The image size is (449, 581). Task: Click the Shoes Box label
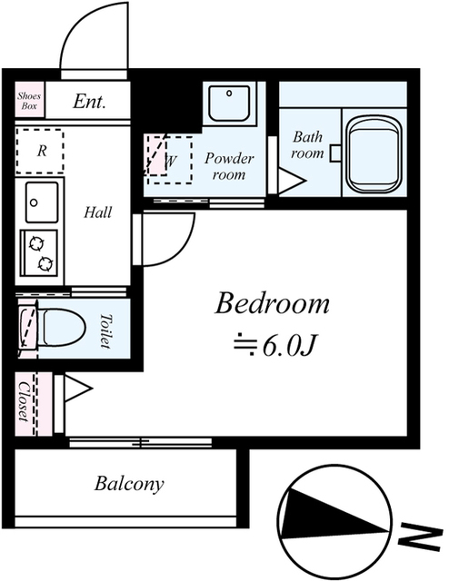coord(29,101)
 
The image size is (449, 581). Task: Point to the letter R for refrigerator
coord(42,151)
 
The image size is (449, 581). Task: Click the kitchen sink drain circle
coord(35,202)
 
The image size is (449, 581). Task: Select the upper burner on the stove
coord(36,244)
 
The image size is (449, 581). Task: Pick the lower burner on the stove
coord(45,263)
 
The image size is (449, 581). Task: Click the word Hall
coord(97,212)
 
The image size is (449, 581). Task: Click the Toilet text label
coord(105,330)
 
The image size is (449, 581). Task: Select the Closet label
coord(24,401)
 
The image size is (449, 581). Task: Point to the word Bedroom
coord(273,303)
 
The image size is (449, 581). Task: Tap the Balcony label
coord(129,484)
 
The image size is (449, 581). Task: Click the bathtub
coord(374,154)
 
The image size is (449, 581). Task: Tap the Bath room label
coord(307,145)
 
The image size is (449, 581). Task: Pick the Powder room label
coord(229,166)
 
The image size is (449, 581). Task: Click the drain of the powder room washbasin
coord(229,94)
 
